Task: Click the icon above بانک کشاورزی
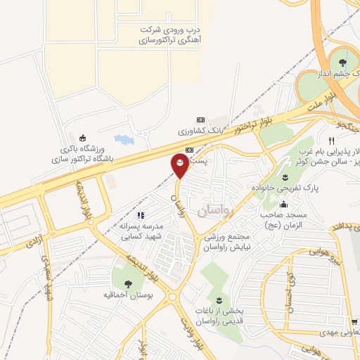(x=200, y=119)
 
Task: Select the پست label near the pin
(x=201, y=162)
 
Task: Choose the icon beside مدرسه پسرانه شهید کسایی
(x=141, y=215)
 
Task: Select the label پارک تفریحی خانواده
(x=285, y=188)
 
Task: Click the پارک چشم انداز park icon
(x=344, y=55)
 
